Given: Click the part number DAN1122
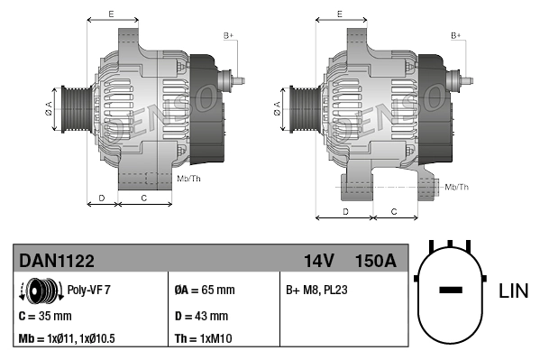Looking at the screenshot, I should (x=56, y=261).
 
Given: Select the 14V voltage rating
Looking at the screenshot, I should (x=318, y=261).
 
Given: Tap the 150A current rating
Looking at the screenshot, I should (x=377, y=261).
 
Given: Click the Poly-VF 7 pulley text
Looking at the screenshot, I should (x=90, y=291).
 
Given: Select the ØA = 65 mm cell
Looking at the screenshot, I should (x=204, y=291).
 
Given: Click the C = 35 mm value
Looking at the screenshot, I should (x=45, y=316).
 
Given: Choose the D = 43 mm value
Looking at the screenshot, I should (x=200, y=316).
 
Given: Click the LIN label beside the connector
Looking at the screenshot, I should (x=514, y=291).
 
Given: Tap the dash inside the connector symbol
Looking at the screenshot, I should (x=450, y=291).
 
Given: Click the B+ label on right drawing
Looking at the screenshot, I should (x=455, y=35).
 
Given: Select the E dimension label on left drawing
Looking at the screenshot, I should (x=111, y=14).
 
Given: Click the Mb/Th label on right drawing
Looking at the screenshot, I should (x=457, y=187).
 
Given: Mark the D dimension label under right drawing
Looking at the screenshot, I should (x=345, y=211).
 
